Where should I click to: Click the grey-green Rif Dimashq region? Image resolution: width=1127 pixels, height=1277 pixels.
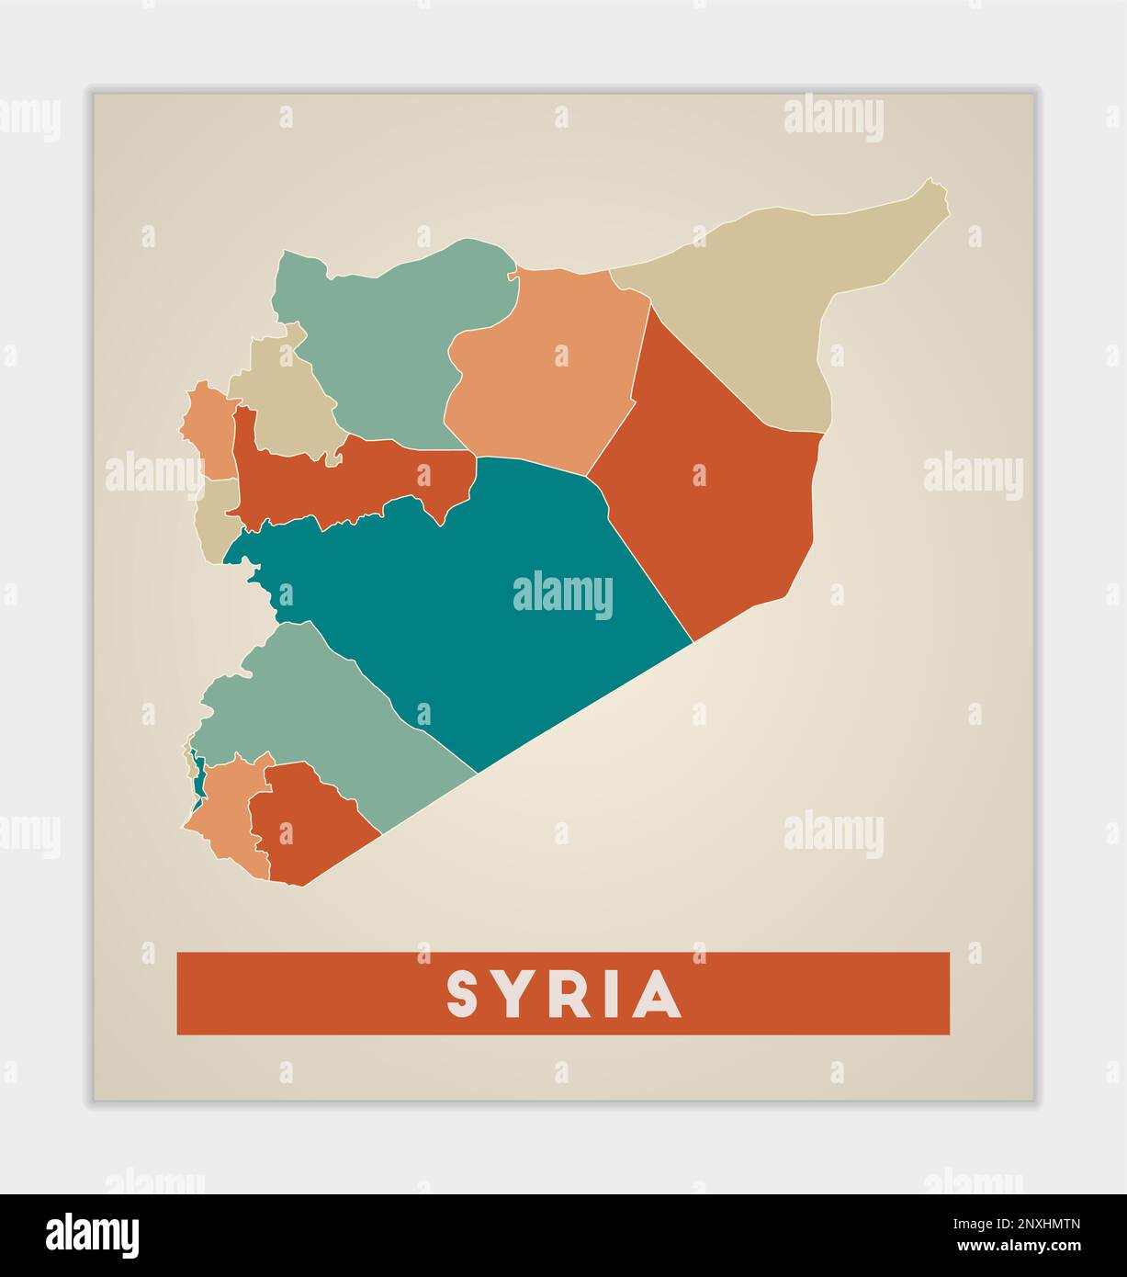(312, 707)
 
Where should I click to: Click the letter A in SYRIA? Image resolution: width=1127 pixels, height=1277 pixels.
(660, 994)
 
